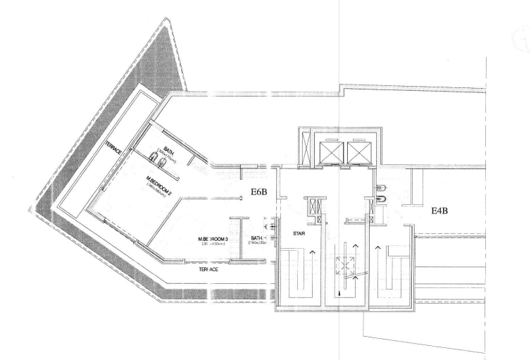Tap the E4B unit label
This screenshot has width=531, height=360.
pos(444,209)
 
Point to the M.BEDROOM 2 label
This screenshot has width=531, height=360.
pos(159,179)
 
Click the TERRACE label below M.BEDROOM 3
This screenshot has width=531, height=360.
pos(208,269)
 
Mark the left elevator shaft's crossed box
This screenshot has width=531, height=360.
pos(330,149)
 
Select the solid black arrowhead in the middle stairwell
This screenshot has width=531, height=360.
pos(339,288)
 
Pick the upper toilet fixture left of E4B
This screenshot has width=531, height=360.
pos(380,188)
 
